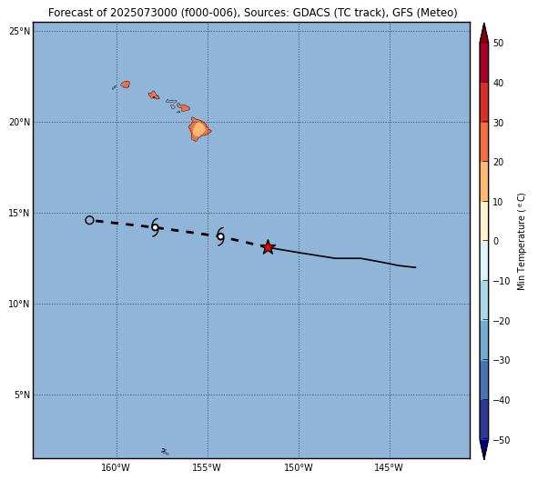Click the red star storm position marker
268,247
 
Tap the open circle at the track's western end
89,220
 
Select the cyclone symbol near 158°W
155,227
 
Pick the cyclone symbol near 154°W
220,236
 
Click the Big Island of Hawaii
199,129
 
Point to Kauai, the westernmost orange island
126,85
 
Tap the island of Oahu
153,95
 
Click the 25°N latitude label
19,32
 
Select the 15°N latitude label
19,213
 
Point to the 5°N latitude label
22,395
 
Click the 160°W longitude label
116,467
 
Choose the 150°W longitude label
299,467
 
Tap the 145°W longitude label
389,467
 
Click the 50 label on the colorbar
499,43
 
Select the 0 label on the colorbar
496,241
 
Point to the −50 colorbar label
502,440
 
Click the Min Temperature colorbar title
521,242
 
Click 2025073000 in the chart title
144,13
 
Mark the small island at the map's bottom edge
165,452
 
